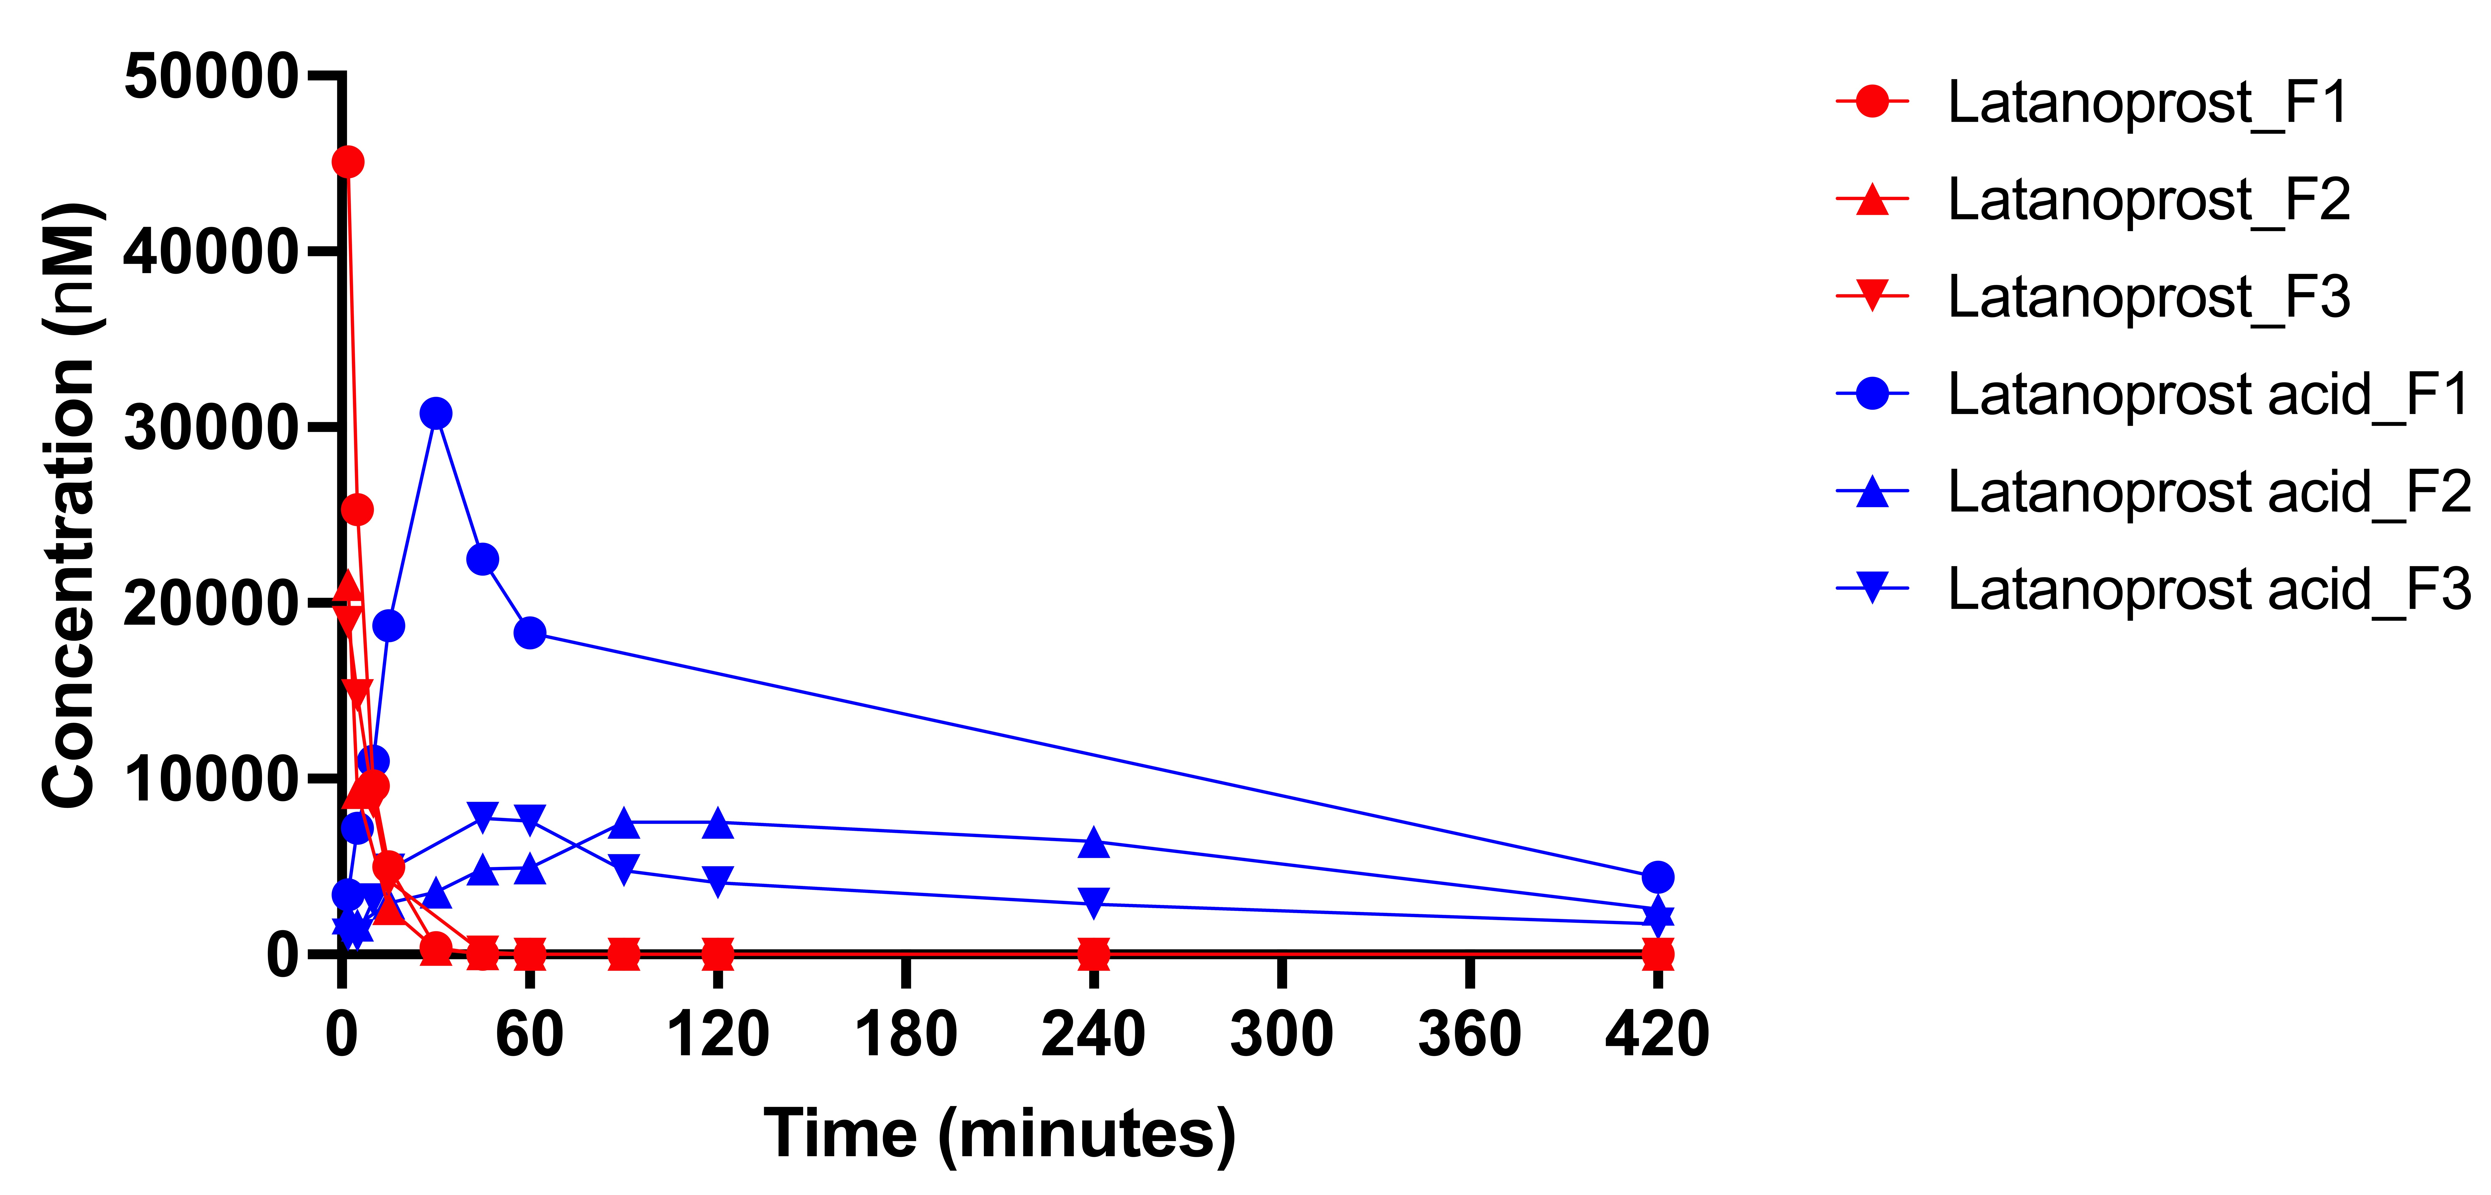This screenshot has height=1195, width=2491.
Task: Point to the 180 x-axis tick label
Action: [905, 1033]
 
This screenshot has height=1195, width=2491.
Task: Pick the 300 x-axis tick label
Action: [1281, 1033]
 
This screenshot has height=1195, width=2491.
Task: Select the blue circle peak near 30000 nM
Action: [436, 413]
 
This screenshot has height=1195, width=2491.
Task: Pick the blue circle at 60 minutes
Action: [530, 632]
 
